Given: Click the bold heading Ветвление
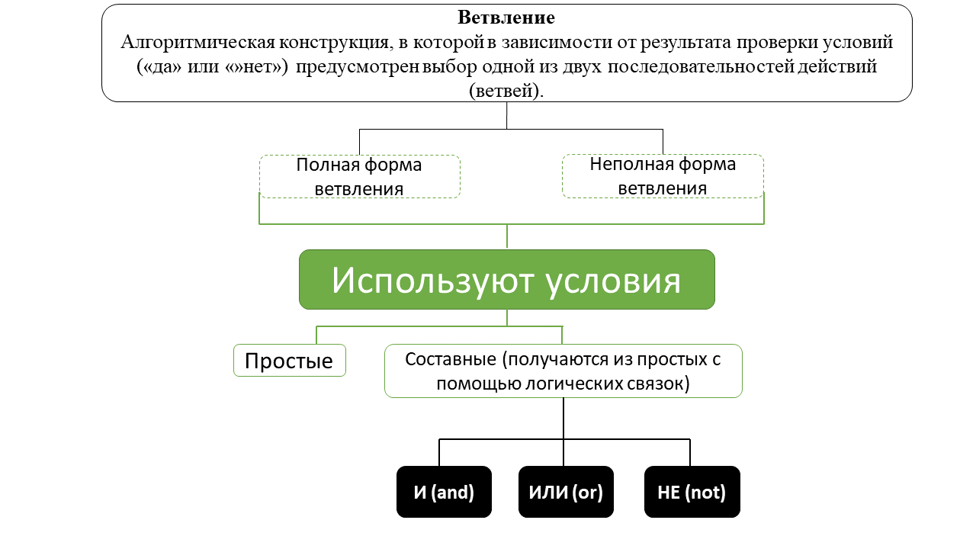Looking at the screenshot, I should click(506, 18).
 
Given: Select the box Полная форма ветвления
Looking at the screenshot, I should click(359, 177).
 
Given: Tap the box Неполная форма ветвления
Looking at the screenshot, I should click(663, 176).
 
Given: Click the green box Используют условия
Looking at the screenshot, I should click(506, 280).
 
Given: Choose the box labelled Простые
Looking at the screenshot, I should click(289, 361).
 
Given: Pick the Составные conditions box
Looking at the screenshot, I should click(563, 371).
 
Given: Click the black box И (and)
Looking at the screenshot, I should click(444, 492).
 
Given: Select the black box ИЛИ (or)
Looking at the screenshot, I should click(566, 492).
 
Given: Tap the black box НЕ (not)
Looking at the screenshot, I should click(692, 492).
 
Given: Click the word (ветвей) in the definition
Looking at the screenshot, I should click(506, 90).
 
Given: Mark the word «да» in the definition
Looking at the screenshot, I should click(159, 66).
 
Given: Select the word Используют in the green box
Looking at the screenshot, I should click(432, 281).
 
